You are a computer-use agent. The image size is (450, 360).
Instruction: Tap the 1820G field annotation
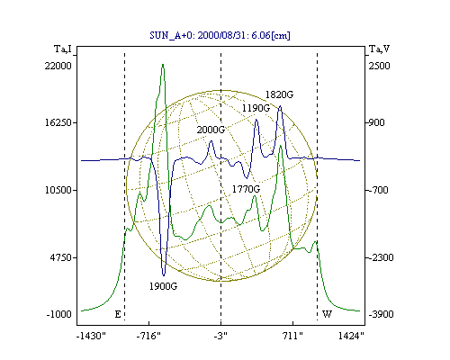(x=279, y=94)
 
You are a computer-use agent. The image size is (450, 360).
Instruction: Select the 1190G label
(x=256, y=108)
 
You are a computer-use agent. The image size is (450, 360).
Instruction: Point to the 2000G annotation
(x=211, y=130)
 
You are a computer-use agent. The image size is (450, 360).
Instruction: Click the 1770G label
(x=246, y=189)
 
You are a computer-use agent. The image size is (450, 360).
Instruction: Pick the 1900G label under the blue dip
(x=163, y=286)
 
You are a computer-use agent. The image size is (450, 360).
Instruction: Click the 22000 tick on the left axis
(x=58, y=66)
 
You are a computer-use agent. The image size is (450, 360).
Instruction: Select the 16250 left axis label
(x=58, y=122)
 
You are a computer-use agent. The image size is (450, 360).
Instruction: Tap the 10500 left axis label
(x=58, y=190)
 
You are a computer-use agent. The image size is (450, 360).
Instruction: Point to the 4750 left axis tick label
(x=60, y=257)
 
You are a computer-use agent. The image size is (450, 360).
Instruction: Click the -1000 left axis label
(x=59, y=314)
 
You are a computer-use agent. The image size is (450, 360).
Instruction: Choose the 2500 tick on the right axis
(x=379, y=66)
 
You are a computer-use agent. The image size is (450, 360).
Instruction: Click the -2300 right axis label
(x=381, y=257)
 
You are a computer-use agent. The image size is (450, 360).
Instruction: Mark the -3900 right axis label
(x=381, y=314)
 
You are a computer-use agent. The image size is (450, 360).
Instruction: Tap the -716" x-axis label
(x=148, y=336)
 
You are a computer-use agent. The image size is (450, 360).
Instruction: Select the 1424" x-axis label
(x=351, y=336)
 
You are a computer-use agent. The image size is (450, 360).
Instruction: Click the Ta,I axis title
(x=63, y=49)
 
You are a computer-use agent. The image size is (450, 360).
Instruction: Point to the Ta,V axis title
(x=380, y=49)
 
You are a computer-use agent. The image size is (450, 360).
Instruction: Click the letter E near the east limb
(x=118, y=314)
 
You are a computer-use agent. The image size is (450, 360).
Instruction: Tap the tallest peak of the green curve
(x=163, y=65)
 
